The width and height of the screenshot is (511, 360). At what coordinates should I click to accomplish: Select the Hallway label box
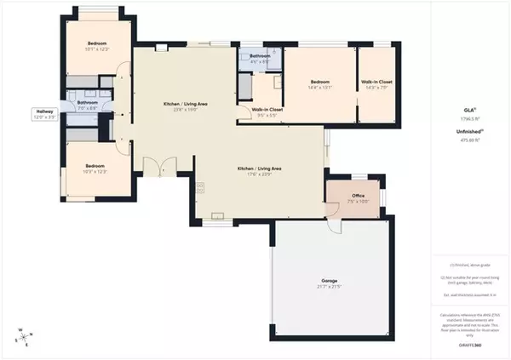pyautogui.click(x=43, y=113)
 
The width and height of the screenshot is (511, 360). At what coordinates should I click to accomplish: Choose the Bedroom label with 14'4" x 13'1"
pyautogui.click(x=319, y=82)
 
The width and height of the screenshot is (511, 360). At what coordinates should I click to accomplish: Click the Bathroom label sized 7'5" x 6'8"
pyautogui.click(x=88, y=105)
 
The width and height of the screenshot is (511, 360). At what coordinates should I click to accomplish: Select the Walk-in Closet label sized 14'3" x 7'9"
pyautogui.click(x=376, y=82)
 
